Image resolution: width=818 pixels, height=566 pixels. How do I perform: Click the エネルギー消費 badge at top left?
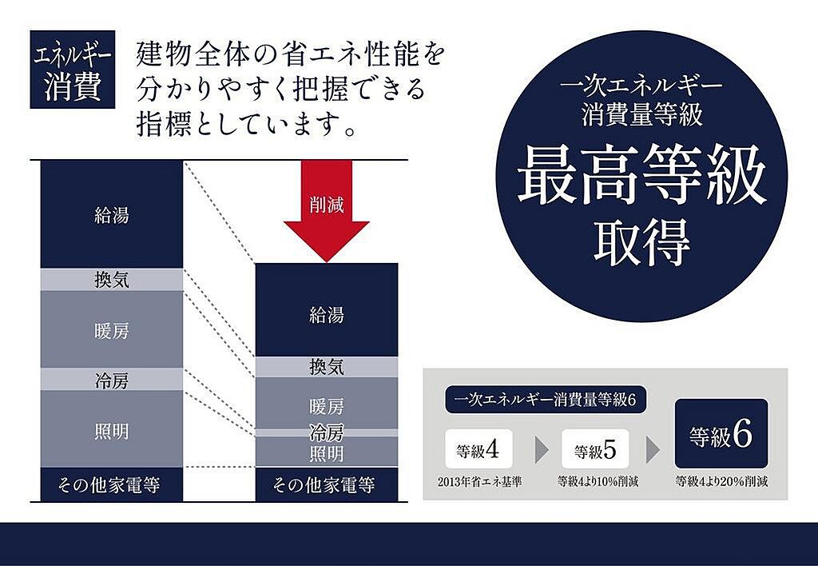click(72, 70)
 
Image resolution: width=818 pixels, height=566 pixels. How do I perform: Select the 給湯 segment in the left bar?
click(111, 214)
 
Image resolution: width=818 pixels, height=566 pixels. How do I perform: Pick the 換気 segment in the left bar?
click(111, 280)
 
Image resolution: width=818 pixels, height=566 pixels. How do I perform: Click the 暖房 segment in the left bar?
click(111, 329)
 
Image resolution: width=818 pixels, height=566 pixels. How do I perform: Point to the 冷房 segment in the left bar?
click(111, 380)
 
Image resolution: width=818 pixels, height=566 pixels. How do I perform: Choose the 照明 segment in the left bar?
click(111, 429)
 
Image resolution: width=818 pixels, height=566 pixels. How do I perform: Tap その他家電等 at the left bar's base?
click(111, 484)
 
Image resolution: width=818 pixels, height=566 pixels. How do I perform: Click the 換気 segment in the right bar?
click(326, 367)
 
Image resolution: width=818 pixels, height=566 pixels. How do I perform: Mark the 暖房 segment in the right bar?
click(326, 404)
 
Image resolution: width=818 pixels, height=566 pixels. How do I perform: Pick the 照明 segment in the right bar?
click(326, 453)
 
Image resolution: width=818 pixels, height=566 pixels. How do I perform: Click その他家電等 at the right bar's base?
click(326, 484)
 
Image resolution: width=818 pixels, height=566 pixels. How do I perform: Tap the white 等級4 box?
click(478, 448)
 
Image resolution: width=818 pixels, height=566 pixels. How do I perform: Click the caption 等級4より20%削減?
click(722, 482)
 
